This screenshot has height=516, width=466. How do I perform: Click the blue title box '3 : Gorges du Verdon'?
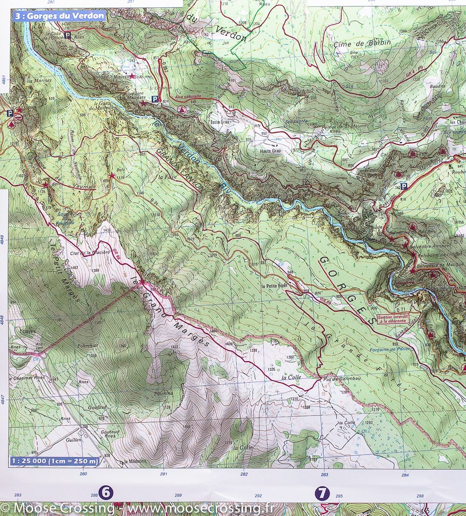click(x=59, y=16)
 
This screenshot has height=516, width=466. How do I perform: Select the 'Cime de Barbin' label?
click(x=362, y=43)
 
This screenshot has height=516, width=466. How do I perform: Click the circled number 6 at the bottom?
click(x=105, y=493)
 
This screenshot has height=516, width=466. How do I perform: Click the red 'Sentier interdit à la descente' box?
click(x=392, y=319)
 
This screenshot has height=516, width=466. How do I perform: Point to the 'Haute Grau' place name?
click(x=270, y=151)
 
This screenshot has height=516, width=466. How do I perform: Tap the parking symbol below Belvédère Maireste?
click(x=154, y=99)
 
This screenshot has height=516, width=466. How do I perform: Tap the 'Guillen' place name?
click(x=74, y=440)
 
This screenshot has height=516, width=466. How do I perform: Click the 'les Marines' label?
click(x=40, y=80)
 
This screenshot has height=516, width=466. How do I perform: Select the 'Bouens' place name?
click(x=437, y=86)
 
